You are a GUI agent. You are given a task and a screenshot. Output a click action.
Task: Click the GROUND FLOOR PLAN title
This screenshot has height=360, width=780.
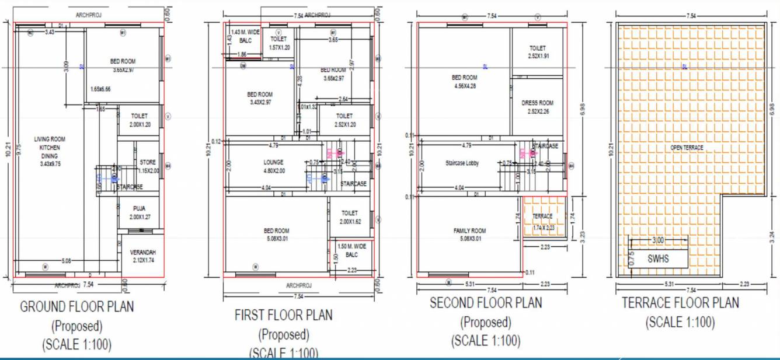coord(77,306)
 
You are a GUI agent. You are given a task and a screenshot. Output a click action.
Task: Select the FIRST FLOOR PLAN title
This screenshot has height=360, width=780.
coord(284,315)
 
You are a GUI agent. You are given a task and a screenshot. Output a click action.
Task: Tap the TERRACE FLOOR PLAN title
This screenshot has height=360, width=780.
coord(680,303)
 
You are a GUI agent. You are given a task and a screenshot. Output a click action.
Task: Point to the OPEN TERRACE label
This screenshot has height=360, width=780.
coord(687,148)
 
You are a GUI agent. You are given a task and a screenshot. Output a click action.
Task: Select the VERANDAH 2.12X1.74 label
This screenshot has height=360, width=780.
coord(143,256)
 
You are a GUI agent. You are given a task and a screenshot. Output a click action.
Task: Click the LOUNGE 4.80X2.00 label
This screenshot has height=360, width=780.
coord(273,166)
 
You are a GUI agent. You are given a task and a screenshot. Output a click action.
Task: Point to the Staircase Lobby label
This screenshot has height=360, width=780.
coord(461,163)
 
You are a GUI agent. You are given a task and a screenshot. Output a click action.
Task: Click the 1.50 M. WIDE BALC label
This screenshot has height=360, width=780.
coord(351,250)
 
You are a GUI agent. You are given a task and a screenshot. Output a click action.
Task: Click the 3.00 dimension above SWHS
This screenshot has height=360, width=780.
coord(657,240)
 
